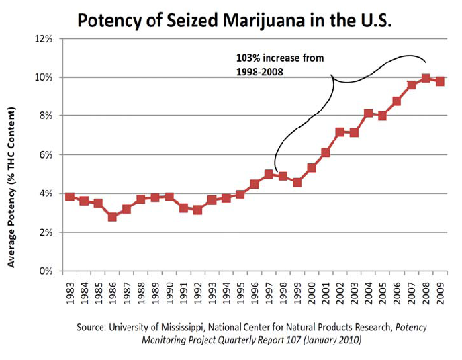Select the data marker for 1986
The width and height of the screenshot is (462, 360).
click(112, 217)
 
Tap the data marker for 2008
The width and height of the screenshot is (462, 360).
click(426, 78)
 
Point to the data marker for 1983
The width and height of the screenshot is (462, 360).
click(69, 197)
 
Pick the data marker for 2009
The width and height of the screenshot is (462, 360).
click(440, 81)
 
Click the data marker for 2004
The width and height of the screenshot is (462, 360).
click(369, 114)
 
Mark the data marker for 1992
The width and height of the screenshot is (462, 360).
click(197, 210)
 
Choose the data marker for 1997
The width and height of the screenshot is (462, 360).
click(269, 174)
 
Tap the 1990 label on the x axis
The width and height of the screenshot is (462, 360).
click(169, 290)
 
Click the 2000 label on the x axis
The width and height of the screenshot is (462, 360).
click(312, 290)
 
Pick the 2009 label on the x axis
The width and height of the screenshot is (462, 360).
click(440, 290)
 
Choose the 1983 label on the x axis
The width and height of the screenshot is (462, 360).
click(69, 290)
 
